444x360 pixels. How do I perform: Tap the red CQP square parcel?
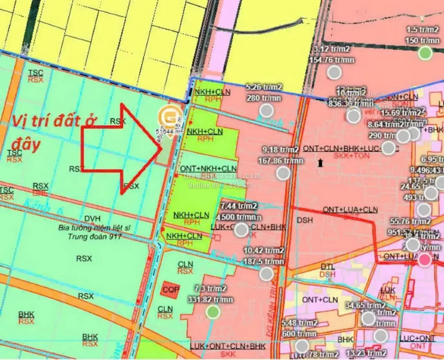[171, 289]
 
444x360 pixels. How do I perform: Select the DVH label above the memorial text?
[92, 219]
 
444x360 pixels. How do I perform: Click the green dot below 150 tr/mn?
[425, 53]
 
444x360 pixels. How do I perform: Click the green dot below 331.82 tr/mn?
[212, 312]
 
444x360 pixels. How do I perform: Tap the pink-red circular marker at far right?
[424, 260]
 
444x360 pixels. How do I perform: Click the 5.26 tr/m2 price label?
[264, 87]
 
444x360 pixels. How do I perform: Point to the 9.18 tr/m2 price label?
[280, 150]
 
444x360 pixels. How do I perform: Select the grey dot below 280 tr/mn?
[266, 111]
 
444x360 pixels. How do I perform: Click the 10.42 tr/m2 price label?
[264, 250]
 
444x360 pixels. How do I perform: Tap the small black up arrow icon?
[320, 162]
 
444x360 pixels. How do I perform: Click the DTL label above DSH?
[327, 267]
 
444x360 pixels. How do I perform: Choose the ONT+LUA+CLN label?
[350, 210]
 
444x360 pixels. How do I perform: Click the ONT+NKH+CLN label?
[208, 169]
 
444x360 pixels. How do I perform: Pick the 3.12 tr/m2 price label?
[331, 49]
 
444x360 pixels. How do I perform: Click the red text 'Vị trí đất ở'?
[54, 121]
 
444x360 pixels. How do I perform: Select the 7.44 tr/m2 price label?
[239, 206]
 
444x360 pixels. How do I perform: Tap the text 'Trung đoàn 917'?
[94, 237]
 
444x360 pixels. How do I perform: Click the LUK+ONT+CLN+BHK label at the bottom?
[228, 346]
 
